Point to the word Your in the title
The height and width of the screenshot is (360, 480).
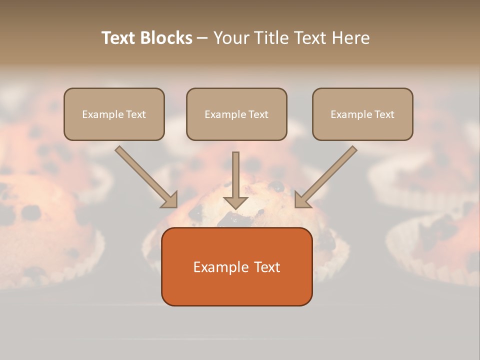point(230,38)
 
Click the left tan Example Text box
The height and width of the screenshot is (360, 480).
point(114,114)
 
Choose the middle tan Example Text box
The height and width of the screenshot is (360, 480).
point(236,114)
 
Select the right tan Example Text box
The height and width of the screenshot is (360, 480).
point(362,114)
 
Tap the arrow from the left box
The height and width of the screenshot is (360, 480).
point(145,176)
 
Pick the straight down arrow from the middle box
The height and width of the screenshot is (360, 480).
point(235,180)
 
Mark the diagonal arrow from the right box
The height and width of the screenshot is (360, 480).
point(327,176)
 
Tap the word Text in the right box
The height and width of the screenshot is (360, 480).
point(384,114)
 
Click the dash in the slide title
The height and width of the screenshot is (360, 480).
point(202,38)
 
